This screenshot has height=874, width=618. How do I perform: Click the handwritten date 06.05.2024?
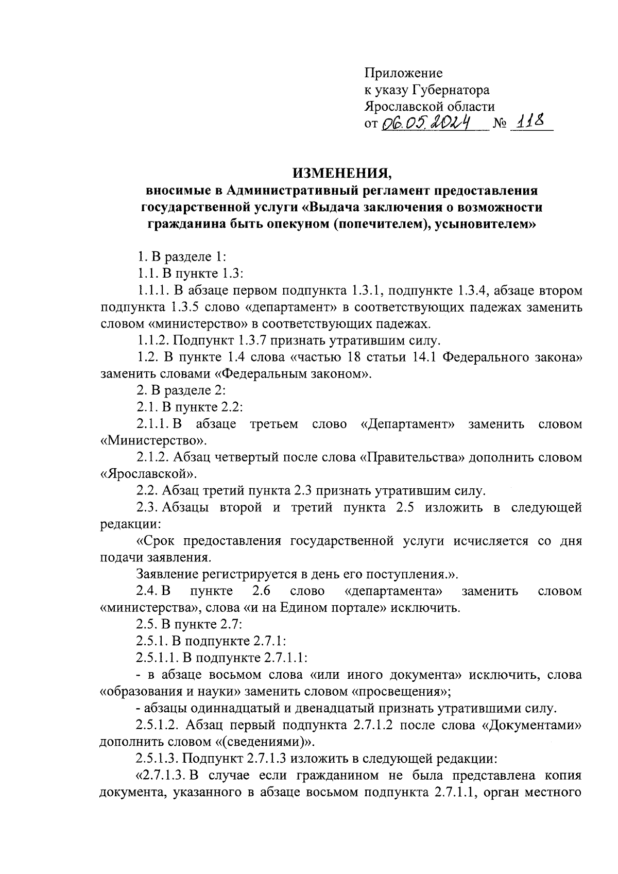(x=426, y=123)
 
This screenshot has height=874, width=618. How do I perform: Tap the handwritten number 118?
(x=531, y=123)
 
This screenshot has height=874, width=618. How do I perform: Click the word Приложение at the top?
(x=403, y=73)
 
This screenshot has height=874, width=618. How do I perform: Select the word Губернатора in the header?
(x=451, y=90)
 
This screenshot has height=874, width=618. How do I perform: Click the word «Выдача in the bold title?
(x=332, y=207)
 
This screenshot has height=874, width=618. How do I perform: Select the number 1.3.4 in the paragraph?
(x=473, y=291)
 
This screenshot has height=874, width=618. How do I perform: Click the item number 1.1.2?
(x=152, y=340)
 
